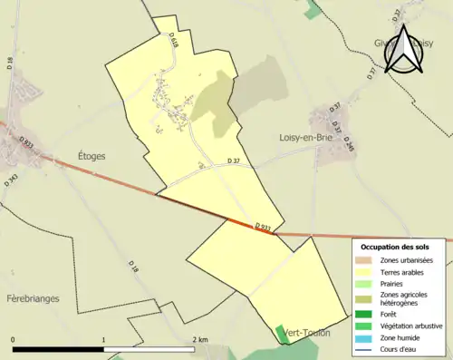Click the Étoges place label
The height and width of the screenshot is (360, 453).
tap(86, 156)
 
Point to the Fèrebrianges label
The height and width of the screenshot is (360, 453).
tap(32, 297)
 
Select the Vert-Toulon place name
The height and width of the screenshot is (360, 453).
tap(305, 334)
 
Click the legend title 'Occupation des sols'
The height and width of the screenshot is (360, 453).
tap(395, 247)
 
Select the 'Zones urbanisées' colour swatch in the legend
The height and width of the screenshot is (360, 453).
tap(366, 260)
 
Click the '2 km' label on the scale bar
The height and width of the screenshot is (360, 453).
tap(201, 340)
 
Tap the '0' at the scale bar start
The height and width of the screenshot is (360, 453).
tap(13, 340)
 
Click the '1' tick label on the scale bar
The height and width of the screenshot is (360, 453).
tap(104, 340)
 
